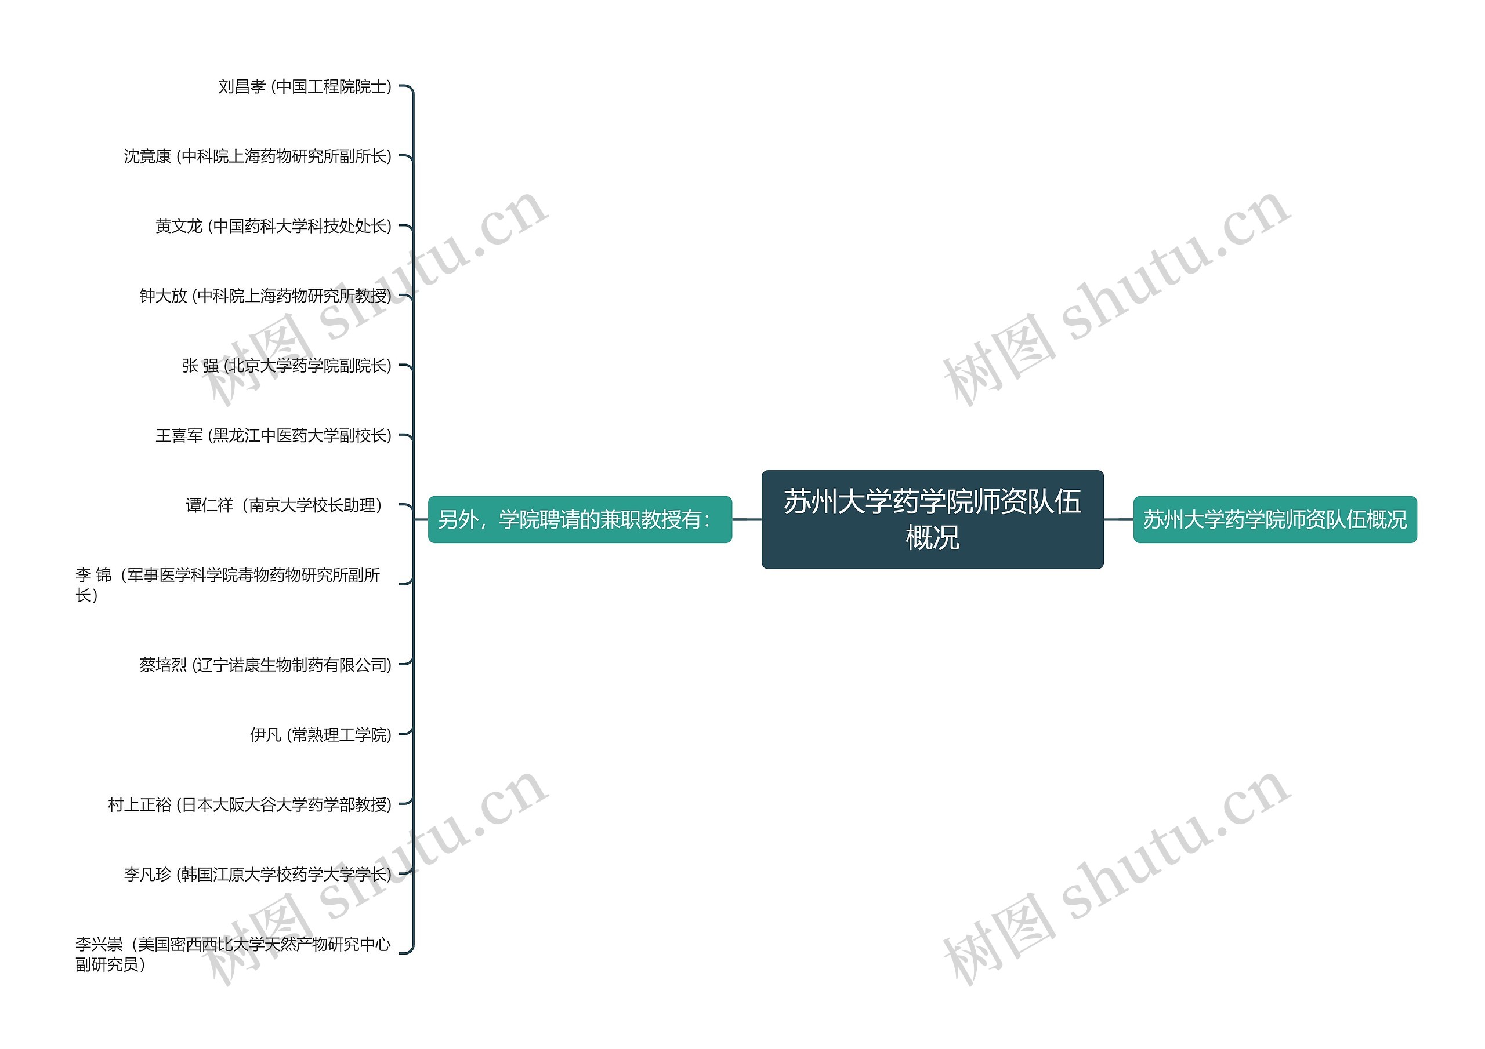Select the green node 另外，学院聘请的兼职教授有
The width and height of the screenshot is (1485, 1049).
[579, 519]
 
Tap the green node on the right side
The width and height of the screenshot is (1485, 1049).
[1274, 519]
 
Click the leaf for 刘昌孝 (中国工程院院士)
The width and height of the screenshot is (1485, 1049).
[305, 86]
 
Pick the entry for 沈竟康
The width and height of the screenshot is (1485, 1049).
[258, 156]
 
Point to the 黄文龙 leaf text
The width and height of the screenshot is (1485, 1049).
[273, 226]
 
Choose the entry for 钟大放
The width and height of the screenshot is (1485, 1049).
[265, 296]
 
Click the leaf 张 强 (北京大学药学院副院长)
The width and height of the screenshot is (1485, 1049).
[287, 366]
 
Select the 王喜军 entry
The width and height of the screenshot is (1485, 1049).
[273, 436]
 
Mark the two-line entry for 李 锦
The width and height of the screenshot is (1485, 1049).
[227, 584]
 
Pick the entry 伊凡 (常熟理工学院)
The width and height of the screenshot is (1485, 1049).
[320, 734]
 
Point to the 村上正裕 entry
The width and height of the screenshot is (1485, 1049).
[249, 804]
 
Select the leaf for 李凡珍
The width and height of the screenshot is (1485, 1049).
[258, 874]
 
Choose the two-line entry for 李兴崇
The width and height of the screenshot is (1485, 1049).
[233, 954]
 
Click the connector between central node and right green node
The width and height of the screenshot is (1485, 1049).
[1118, 519]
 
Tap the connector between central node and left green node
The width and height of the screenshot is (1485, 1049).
[747, 519]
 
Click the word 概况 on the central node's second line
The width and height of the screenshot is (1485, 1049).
[932, 538]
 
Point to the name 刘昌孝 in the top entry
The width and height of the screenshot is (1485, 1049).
[242, 86]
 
